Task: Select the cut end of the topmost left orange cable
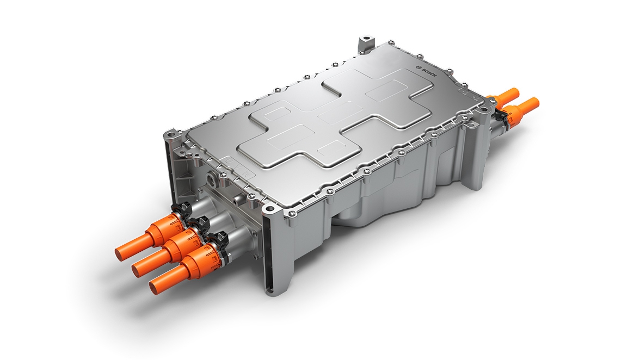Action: [122, 251]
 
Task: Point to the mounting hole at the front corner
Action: [268, 209]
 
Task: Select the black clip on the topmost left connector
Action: [181, 209]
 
